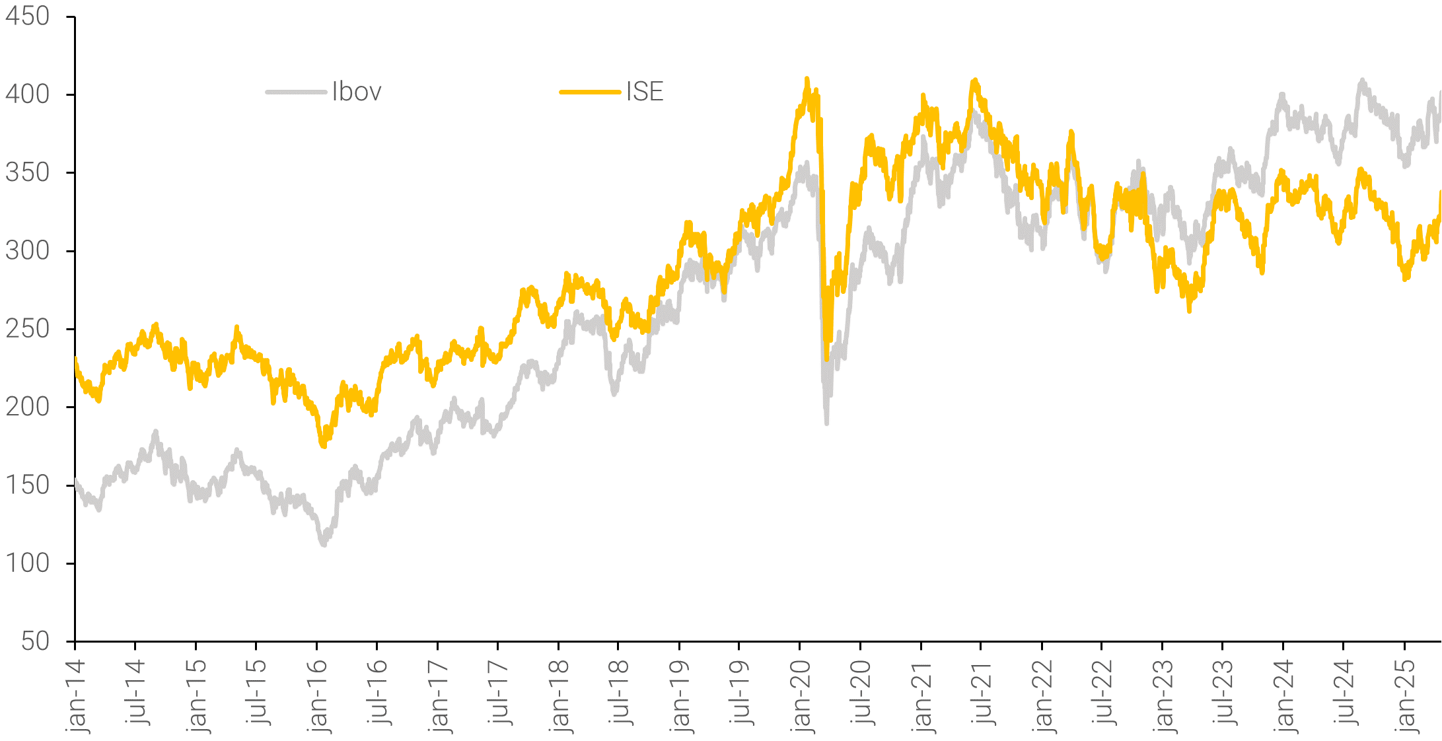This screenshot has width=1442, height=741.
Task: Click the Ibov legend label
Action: [357, 92]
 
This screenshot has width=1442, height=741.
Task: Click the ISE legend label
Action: [645, 92]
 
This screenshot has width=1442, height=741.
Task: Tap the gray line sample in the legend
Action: [296, 92]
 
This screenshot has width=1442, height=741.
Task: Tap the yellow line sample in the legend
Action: [590, 92]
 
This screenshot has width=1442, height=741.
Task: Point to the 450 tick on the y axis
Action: [28, 17]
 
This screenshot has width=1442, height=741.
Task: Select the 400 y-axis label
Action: [28, 94]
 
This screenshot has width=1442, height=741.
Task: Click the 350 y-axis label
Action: [28, 172]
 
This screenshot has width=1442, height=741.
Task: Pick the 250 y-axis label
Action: [28, 329]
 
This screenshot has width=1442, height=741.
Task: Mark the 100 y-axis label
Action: [28, 563]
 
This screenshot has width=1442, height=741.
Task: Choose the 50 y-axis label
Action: [35, 641]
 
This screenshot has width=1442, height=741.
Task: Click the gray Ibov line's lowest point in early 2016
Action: [324, 544]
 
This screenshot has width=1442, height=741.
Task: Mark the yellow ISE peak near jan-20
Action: [807, 79]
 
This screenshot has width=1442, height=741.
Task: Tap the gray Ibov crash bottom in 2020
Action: [826, 422]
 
